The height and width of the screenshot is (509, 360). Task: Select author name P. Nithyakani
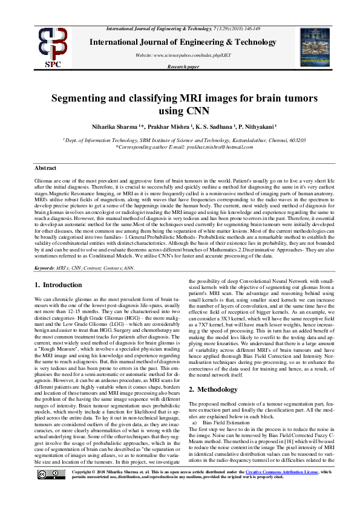coord(254,127)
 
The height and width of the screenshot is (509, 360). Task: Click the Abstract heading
coord(45,167)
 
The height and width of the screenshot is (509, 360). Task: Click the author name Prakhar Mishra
coord(165,127)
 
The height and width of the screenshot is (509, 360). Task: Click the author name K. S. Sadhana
coord(209,127)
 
